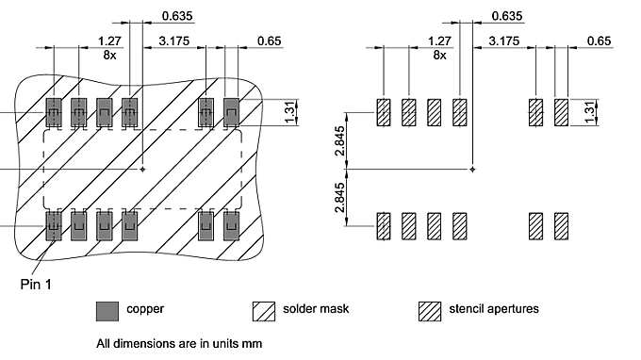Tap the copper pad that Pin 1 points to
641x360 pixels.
54,226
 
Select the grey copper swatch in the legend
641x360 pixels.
108,309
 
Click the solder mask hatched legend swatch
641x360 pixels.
264,309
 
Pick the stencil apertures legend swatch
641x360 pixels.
431,309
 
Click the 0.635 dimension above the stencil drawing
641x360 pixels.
506,16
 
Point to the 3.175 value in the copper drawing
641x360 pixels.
175,41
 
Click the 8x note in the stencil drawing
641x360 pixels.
438,55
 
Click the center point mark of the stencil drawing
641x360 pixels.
472,169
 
